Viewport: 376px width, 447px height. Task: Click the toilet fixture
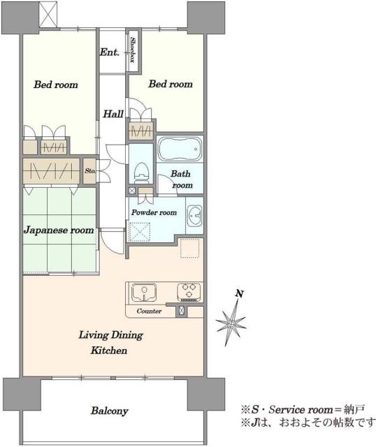pyautogui.click(x=141, y=173)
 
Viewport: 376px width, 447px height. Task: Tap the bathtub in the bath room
pyautogui.click(x=180, y=149)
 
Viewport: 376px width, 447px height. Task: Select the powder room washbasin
pyautogui.click(x=194, y=216)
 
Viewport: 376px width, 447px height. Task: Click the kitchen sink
pyautogui.click(x=144, y=292)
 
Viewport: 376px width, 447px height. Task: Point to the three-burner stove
pyautogui.click(x=189, y=292)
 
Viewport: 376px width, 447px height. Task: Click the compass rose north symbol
pyautogui.click(x=231, y=319)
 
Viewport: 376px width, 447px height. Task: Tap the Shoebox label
pyautogui.click(x=133, y=50)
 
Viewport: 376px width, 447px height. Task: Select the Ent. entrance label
pyautogui.click(x=109, y=52)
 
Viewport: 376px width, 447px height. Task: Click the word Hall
pyautogui.click(x=113, y=114)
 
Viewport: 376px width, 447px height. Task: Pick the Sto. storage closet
pyautogui.click(x=89, y=171)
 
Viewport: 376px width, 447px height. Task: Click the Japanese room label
pyautogui.click(x=59, y=230)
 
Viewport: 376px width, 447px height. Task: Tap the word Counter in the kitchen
pyautogui.click(x=149, y=311)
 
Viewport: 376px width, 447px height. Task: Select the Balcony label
pyautogui.click(x=110, y=411)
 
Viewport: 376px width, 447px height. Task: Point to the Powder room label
pyautogui.click(x=154, y=212)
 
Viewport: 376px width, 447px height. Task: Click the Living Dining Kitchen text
pyautogui.click(x=110, y=342)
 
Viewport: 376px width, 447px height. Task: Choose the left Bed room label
pyautogui.click(x=56, y=85)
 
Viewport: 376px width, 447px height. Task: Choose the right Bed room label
pyautogui.click(x=171, y=84)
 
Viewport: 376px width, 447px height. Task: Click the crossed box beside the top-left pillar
pyautogui.click(x=48, y=14)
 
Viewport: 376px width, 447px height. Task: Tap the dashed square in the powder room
pyautogui.click(x=140, y=232)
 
